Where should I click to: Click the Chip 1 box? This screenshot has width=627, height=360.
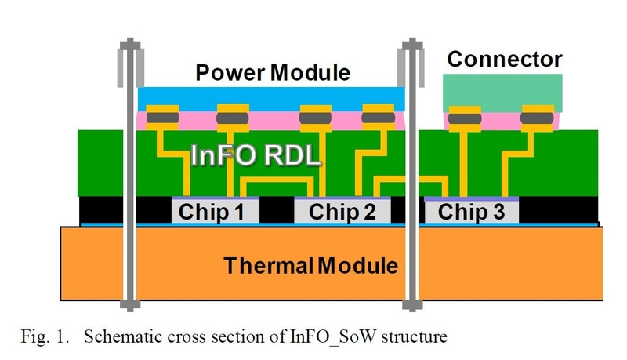click(x=212, y=211)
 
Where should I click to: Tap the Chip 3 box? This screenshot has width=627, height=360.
click(x=470, y=211)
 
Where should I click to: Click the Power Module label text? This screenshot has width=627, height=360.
click(x=274, y=73)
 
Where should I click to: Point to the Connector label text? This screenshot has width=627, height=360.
click(x=505, y=59)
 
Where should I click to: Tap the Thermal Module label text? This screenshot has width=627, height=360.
click(x=311, y=265)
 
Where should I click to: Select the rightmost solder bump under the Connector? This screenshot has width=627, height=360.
click(x=536, y=118)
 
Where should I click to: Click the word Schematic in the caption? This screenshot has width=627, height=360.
click(x=118, y=338)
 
